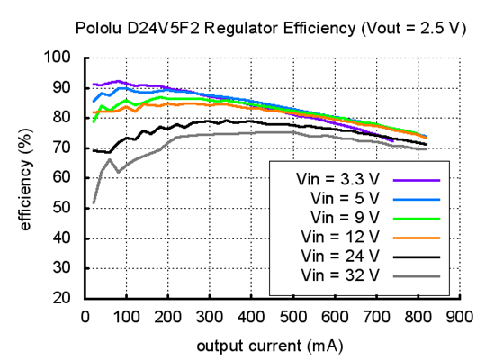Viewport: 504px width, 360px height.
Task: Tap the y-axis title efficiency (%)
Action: click(x=26, y=178)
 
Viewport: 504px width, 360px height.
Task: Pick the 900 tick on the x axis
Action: click(x=459, y=317)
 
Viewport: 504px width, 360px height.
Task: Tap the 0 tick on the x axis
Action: click(x=85, y=317)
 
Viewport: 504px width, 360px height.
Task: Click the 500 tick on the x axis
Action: click(x=292, y=317)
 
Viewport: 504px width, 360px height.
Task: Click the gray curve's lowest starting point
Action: click(x=94, y=203)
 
